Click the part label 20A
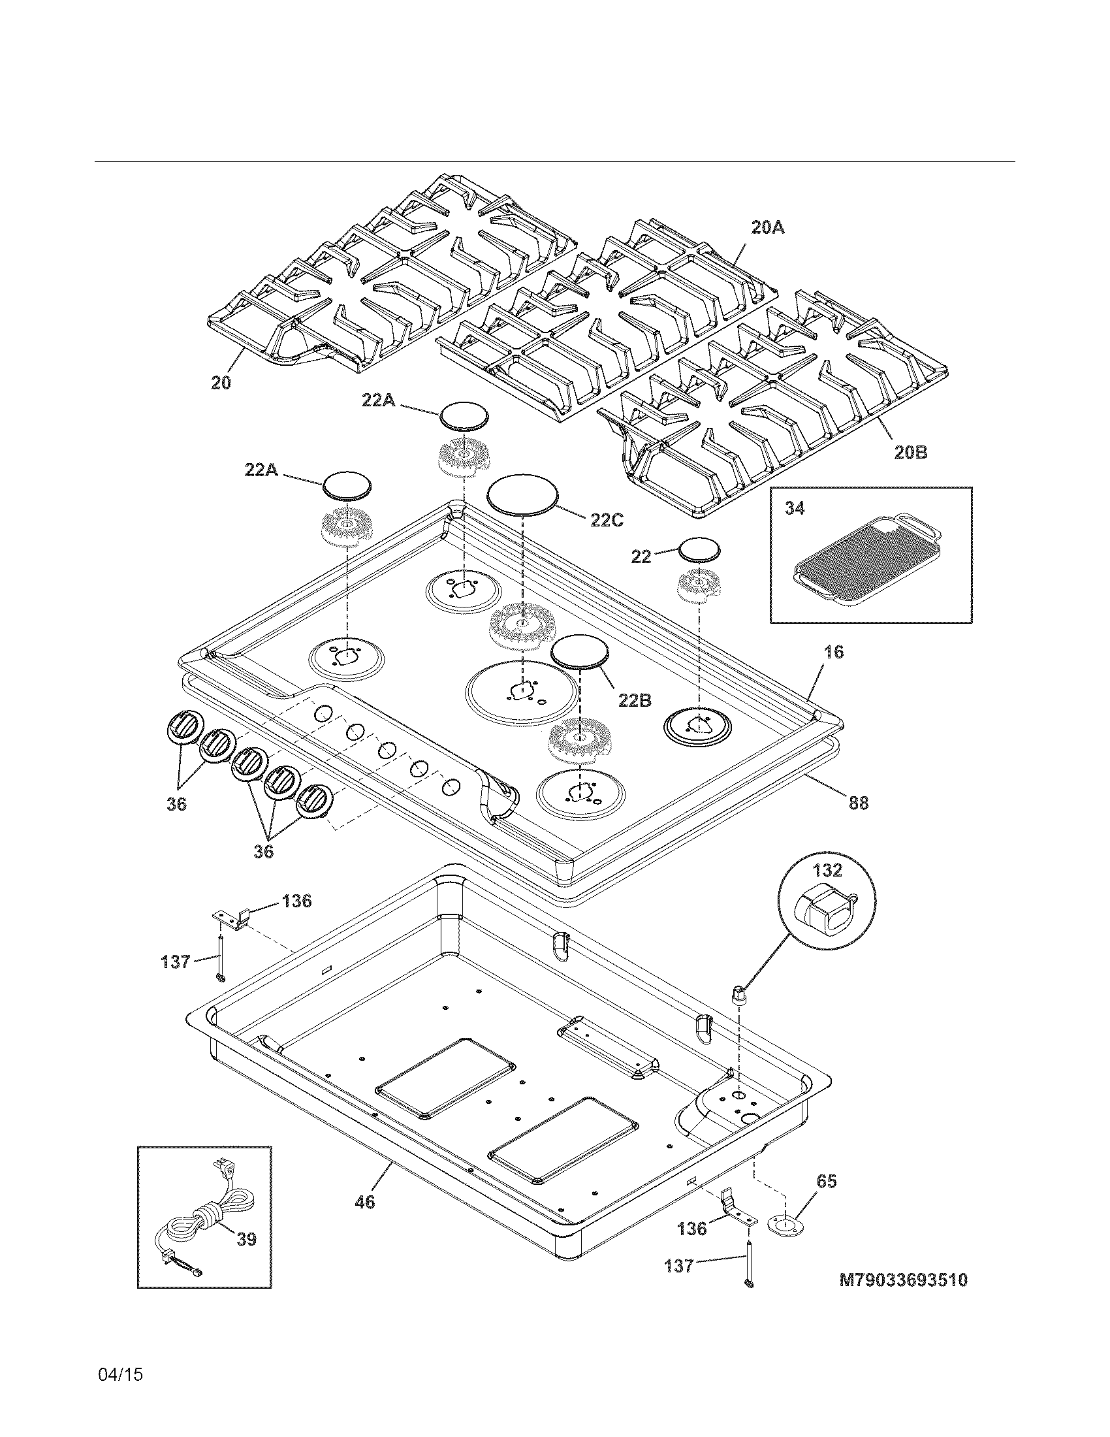tap(767, 228)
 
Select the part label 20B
tap(910, 452)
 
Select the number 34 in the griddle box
tap(795, 508)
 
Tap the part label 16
tap(832, 652)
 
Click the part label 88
tap(858, 803)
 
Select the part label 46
tap(364, 1202)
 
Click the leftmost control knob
tap(182, 728)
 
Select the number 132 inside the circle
tap(827, 870)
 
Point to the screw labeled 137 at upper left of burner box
tap(221, 963)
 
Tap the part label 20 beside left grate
tap(221, 383)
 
